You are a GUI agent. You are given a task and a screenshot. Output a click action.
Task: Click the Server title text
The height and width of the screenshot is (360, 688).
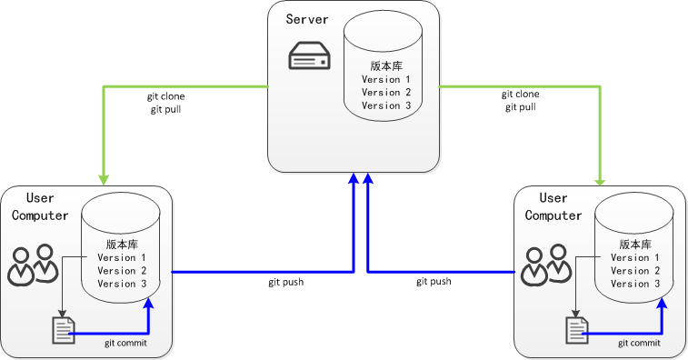point(306,20)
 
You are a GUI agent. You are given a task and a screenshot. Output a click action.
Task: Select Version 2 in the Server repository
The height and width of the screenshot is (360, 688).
point(386,93)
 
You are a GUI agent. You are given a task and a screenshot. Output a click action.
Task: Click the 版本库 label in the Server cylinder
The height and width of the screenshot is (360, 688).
point(386,66)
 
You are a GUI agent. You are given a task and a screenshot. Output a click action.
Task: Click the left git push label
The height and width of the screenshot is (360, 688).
point(285,282)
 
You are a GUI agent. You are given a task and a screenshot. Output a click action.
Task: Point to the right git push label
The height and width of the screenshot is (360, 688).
point(434,282)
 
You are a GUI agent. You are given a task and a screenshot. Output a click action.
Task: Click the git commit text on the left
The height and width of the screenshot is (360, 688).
point(125,344)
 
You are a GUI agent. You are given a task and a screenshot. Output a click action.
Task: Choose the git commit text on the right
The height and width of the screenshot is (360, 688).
point(639,344)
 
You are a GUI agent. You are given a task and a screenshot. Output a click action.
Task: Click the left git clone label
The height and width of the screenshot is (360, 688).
point(166,95)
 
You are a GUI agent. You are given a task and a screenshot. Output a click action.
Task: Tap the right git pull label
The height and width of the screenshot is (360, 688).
point(521,107)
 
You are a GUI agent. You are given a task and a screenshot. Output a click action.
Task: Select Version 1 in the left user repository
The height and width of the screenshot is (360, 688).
point(122,258)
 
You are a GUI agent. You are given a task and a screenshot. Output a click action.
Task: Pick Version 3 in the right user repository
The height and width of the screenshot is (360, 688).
point(636,284)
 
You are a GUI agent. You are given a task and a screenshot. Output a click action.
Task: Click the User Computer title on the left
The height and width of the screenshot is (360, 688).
point(42,206)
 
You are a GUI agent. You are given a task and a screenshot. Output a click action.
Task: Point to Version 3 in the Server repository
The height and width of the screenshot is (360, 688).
point(386,105)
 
